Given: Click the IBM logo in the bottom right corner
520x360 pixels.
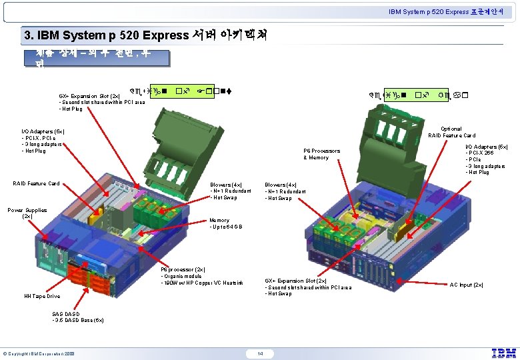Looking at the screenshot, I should pos(503,353).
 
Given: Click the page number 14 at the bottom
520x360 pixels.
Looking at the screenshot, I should pos(260,353).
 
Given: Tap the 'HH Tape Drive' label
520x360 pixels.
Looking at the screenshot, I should pos(42,296).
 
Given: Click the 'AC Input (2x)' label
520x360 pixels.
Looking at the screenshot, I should pos(466,285).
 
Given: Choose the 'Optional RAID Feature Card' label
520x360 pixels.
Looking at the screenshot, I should pos(451,132).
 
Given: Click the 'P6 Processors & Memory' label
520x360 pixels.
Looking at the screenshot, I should pos(321,154).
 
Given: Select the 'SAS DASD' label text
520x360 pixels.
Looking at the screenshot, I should pos(66,313).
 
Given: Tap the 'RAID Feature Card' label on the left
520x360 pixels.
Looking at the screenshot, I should pos(36,183).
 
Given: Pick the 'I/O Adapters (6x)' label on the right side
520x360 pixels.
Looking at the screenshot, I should pos(486,147).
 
